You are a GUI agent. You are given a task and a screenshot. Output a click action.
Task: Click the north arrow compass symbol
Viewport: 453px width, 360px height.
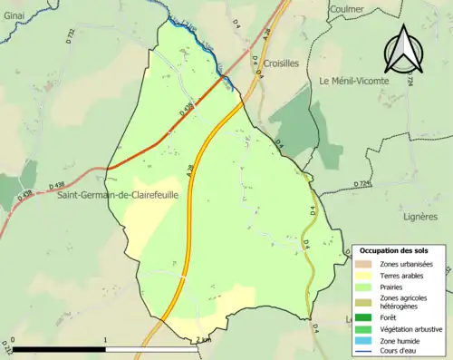pos(405,49)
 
